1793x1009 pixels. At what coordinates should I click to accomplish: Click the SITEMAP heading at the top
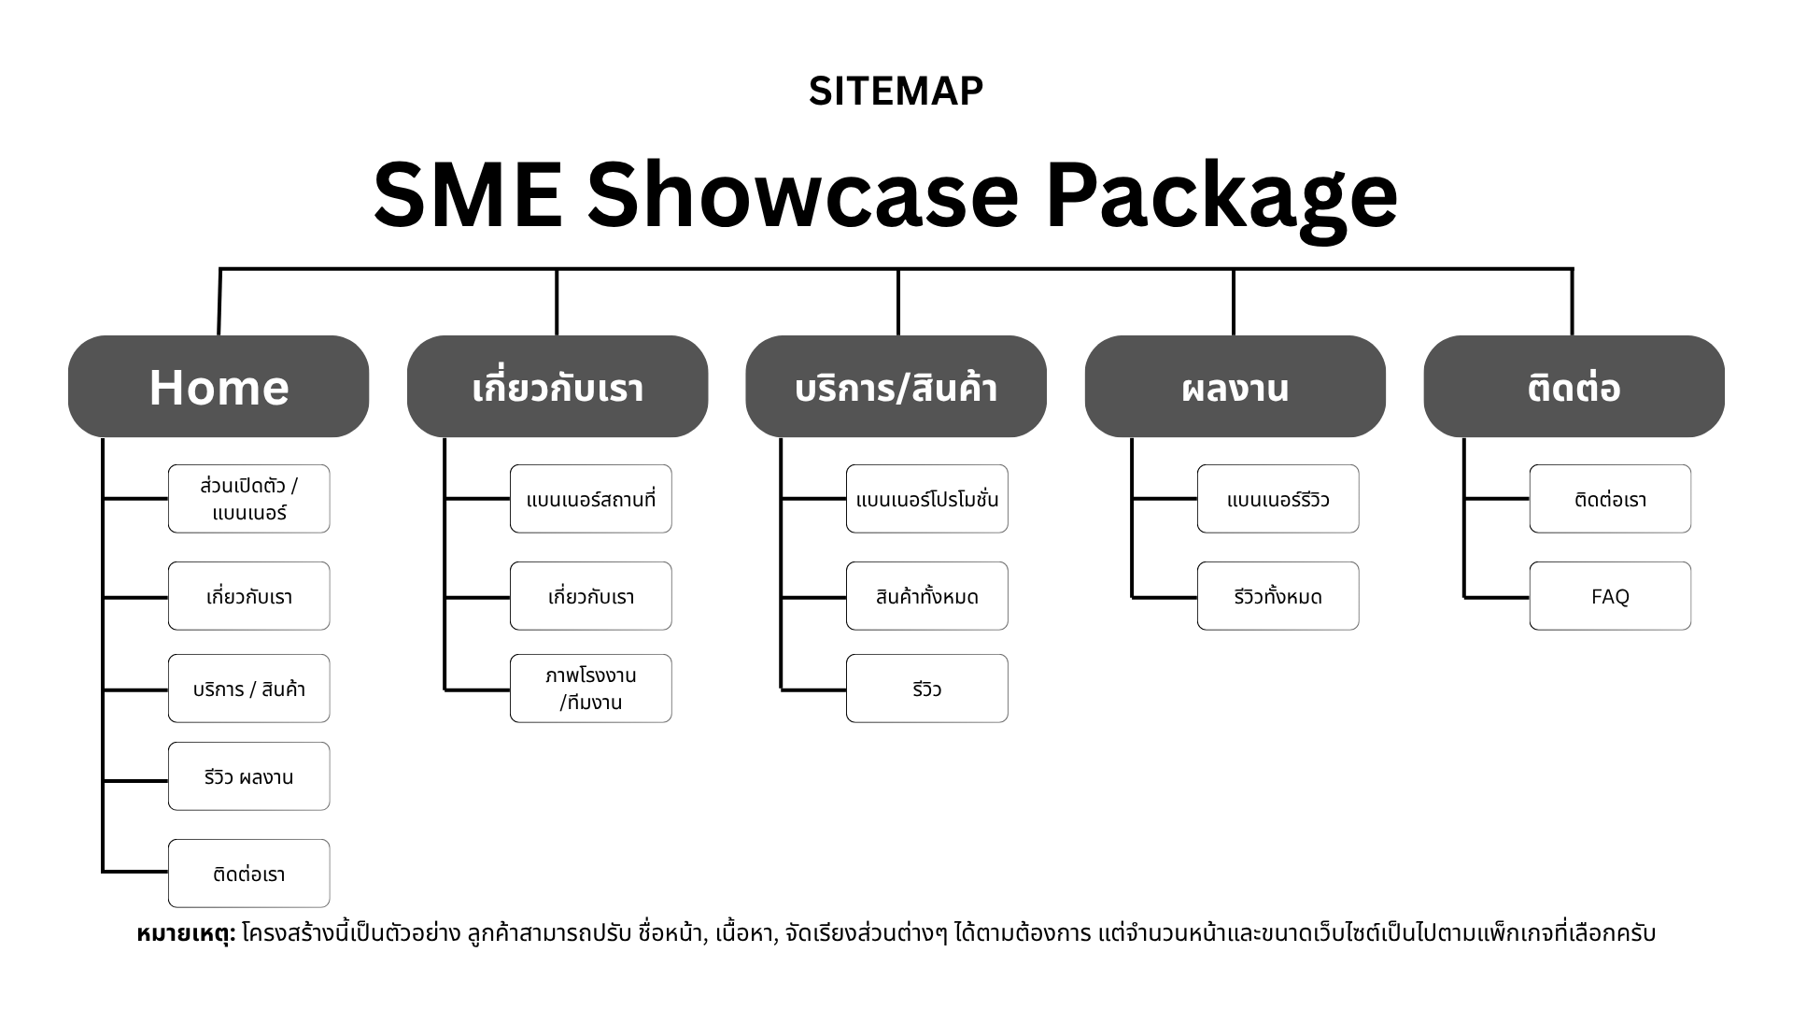[x=896, y=92]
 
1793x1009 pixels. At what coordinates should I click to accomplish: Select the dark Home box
[x=219, y=387]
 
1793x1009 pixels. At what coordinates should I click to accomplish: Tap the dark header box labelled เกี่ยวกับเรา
[x=558, y=387]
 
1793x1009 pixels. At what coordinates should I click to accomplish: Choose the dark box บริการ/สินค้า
[x=896, y=387]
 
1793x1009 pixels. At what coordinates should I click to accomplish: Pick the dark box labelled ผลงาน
[x=1235, y=387]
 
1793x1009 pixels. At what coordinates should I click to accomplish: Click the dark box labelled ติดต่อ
[x=1574, y=387]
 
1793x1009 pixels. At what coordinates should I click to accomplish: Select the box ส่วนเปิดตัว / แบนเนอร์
[x=249, y=499]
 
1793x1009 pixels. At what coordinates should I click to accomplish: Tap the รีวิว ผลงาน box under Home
[x=249, y=776]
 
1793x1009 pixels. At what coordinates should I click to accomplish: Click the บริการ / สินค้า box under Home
[x=249, y=689]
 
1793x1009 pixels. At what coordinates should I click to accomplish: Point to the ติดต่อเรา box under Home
[x=249, y=874]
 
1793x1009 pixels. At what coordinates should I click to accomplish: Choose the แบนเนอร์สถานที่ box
[x=591, y=499]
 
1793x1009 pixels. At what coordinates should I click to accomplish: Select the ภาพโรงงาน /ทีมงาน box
[x=591, y=689]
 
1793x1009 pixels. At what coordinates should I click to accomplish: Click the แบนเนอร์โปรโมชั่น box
[x=927, y=499]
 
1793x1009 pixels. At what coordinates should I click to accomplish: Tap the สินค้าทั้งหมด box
[x=927, y=596]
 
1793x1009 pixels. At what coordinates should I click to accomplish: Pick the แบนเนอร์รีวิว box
[x=1278, y=499]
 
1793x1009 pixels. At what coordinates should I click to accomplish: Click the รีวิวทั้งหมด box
[x=1278, y=596]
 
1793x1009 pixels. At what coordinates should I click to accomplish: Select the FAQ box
[x=1610, y=596]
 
